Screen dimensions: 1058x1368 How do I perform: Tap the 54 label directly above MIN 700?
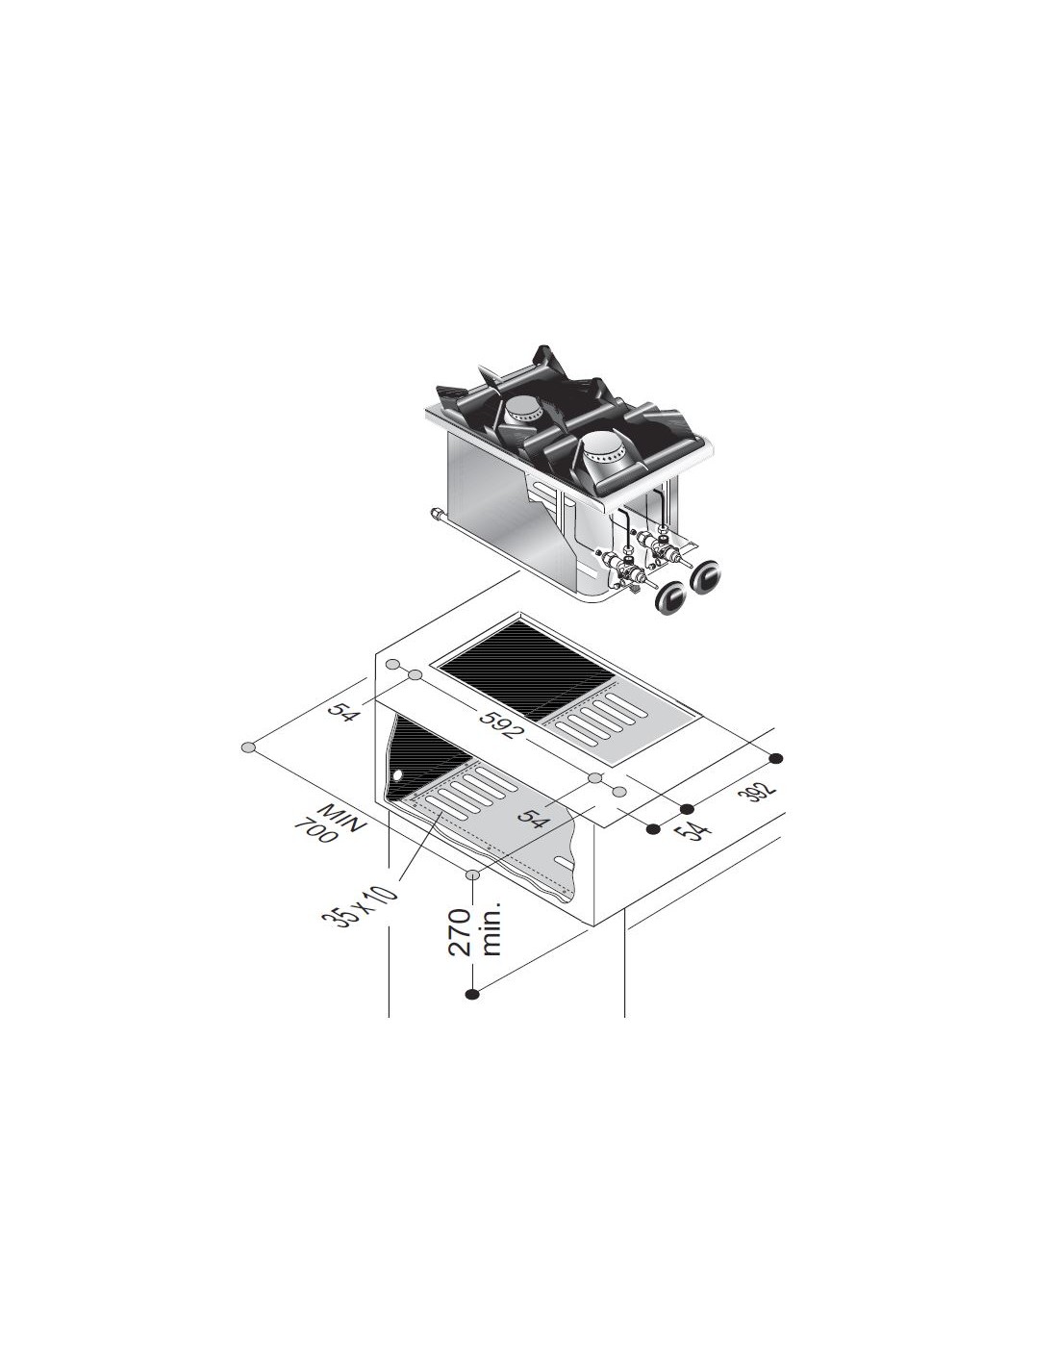pos(342,709)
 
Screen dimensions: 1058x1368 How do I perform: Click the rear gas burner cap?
pos(525,409)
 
